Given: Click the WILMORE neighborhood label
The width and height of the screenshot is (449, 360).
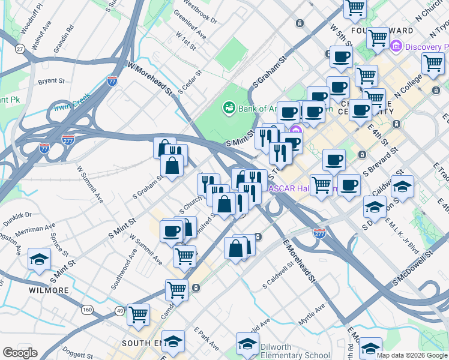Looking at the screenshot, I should tap(49, 290).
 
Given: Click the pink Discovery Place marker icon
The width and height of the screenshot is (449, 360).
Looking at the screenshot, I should tap(396, 46).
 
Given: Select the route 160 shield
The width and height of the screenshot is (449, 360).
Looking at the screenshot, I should tap(88, 310).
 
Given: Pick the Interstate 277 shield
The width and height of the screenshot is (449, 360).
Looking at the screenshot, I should tap(319, 232).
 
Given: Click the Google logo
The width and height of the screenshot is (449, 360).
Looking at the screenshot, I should tap(20, 353).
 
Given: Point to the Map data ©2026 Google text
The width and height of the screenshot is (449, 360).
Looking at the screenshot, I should tap(411, 355).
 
